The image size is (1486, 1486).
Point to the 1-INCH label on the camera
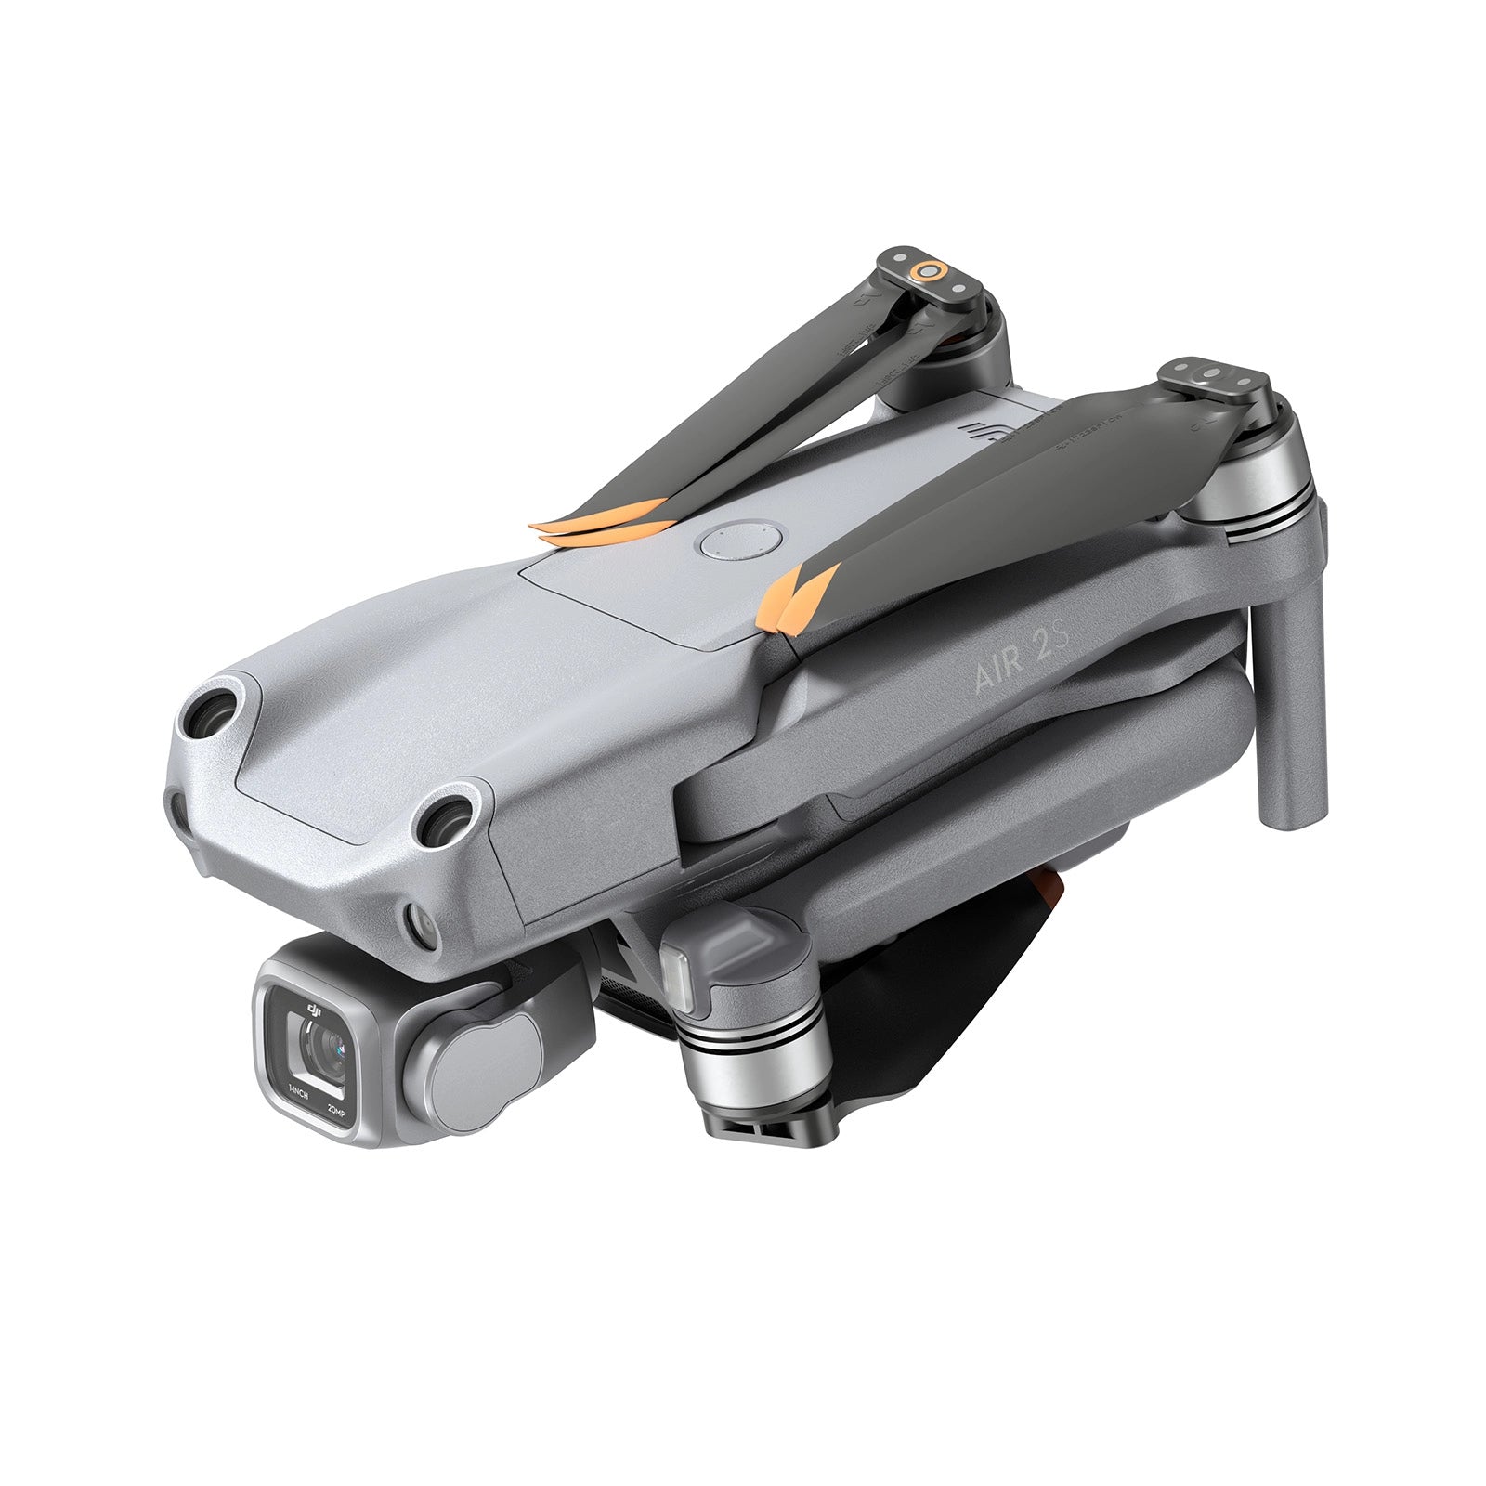coord(297,1094)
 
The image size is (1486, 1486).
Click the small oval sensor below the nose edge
coord(420,926)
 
